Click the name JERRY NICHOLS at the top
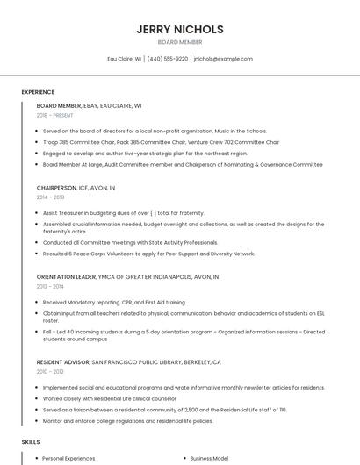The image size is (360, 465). pos(179,29)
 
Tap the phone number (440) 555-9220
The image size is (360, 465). pos(168,59)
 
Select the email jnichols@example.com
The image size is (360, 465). pos(223,59)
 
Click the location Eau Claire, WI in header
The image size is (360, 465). pos(125,59)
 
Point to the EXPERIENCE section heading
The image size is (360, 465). pos(38,91)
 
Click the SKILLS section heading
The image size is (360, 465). pos(31,441)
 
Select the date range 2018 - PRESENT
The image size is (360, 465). pos(55,115)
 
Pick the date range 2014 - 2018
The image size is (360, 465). pos(50,197)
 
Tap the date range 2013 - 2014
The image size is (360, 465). pos(50,286)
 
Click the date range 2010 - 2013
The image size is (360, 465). pos(50,371)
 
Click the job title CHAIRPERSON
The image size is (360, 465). pos(57,188)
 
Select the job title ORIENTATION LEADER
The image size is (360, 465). pos(67,276)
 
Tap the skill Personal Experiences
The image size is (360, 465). pos(68,458)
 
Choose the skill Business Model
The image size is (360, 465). pos(208,458)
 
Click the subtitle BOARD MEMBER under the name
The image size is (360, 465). pos(179,42)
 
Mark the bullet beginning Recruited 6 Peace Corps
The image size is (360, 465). pos(148,254)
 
